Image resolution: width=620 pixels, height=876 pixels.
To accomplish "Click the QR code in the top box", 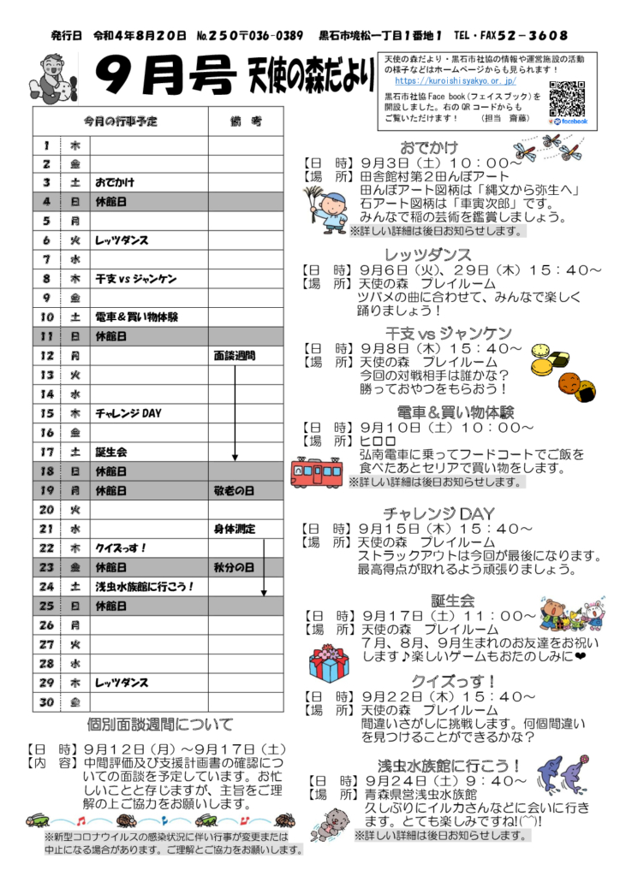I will [x=567, y=98].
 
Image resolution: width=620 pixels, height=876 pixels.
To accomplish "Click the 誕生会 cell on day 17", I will [x=111, y=452].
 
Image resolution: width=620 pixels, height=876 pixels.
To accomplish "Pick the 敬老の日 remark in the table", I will [x=235, y=491].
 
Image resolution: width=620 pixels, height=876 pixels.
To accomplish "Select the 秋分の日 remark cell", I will [x=235, y=567].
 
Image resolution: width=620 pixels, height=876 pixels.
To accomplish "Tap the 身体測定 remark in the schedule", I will [x=235, y=529].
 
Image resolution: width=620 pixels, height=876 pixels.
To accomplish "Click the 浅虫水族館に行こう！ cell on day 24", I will [x=145, y=587].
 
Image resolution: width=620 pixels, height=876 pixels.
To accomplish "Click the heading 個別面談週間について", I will [x=160, y=725].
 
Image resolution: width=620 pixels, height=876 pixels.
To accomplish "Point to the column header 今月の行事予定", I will [x=121, y=121].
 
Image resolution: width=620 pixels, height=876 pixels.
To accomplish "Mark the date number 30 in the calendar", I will [x=47, y=702].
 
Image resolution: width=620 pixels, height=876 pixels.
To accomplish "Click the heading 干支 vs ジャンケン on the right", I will [x=449, y=332].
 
